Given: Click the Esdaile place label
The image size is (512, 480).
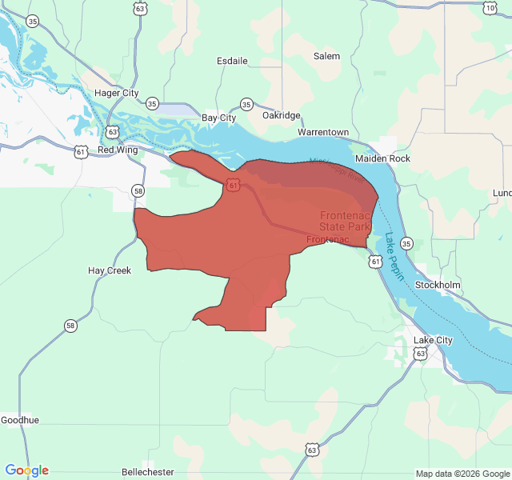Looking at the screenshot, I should click(x=233, y=61).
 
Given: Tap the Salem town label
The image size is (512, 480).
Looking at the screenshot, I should click(x=326, y=56).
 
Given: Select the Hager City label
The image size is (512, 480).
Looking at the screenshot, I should click(x=117, y=93).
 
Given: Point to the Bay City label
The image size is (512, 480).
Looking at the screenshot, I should click(x=218, y=118).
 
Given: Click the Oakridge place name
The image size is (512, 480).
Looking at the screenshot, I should click(x=281, y=115).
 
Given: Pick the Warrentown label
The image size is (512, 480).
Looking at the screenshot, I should click(x=323, y=131).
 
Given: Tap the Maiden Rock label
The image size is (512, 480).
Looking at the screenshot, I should click(x=382, y=158).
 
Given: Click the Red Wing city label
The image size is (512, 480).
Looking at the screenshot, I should click(x=118, y=150).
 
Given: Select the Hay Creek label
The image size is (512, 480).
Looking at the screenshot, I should click(x=109, y=270).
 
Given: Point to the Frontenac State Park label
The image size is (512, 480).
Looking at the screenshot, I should click(x=346, y=221).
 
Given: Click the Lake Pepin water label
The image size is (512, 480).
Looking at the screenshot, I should click(x=395, y=256).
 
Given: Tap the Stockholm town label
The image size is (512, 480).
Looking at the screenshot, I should click(x=438, y=285).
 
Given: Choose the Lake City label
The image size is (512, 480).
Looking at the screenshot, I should click(x=433, y=340).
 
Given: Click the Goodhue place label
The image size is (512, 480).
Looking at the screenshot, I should click(x=19, y=420).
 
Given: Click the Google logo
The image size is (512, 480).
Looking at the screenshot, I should click(x=27, y=470).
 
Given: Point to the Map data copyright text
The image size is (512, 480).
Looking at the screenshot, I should click(x=461, y=473).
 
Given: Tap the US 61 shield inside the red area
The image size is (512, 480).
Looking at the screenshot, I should click(x=232, y=185).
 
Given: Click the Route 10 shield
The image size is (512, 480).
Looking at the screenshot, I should click(x=490, y=8).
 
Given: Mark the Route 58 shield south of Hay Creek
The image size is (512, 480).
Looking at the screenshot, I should click(x=70, y=325).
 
